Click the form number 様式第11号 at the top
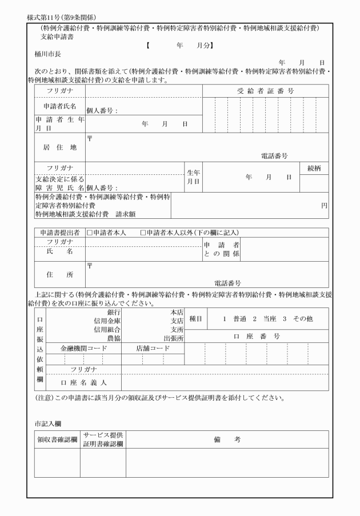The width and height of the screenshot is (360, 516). click(45, 18)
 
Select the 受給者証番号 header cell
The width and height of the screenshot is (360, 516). click(266, 91)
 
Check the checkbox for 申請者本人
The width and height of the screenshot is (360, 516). click(89, 233)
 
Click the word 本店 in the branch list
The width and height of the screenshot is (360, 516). click(176, 312)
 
